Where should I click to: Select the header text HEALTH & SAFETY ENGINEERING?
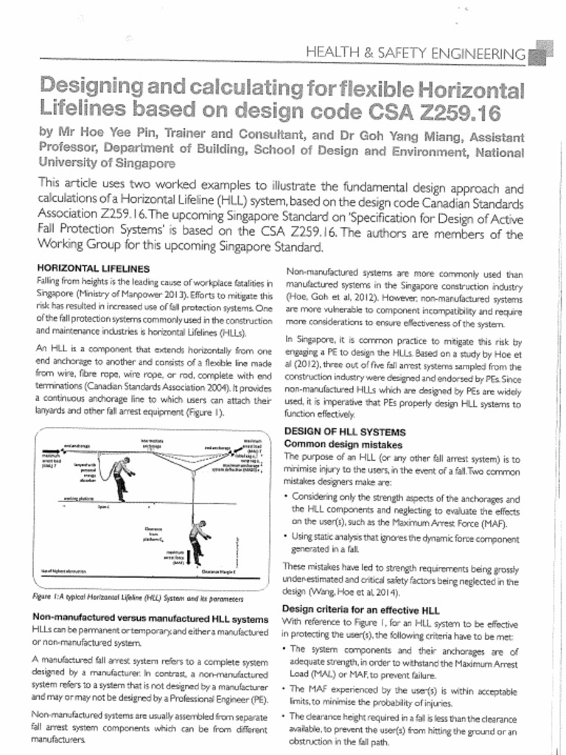pyautogui.click(x=416, y=52)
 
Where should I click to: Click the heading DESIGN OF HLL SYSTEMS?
pyautogui.click(x=344, y=431)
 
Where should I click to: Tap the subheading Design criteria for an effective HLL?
pyautogui.click(x=361, y=610)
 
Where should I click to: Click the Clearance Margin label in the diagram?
pyautogui.click(x=218, y=572)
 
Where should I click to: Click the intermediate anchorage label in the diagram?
pyautogui.click(x=151, y=442)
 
